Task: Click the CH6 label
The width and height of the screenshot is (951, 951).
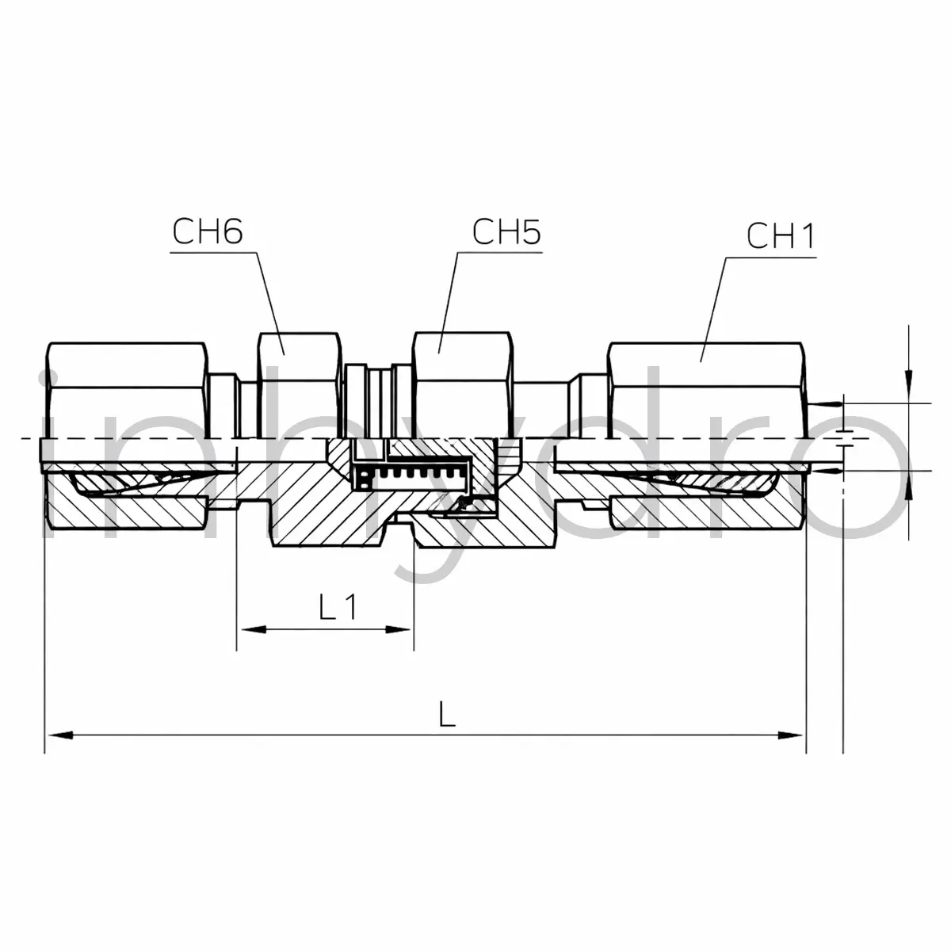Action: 208,232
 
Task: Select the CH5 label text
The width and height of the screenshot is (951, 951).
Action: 506,232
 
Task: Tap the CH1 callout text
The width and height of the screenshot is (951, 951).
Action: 781,236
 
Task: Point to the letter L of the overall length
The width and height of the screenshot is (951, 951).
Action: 447,726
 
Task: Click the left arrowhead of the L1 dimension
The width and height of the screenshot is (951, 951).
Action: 254,629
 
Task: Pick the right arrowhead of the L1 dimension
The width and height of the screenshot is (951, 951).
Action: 398,629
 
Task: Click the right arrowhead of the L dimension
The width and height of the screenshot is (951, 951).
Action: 790,749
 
